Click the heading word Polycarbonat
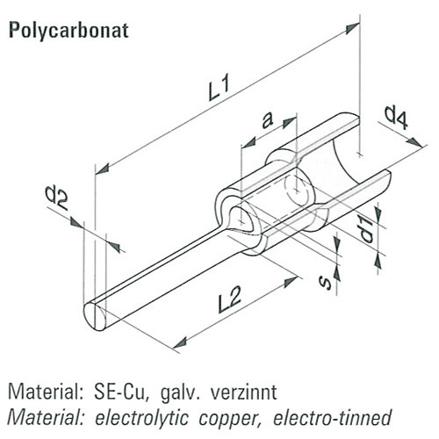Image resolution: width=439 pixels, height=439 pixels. [x=68, y=31]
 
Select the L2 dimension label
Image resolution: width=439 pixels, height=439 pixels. [x=230, y=299]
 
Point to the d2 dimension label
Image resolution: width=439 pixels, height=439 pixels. [x=56, y=198]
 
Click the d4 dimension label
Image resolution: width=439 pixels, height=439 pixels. [x=396, y=118]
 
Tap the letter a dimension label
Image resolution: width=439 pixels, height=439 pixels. [x=267, y=120]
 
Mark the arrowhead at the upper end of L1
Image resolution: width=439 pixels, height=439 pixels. [x=352, y=28]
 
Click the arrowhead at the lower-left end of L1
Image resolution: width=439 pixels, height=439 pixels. [x=103, y=169]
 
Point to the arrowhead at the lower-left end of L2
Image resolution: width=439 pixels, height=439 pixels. [x=180, y=342]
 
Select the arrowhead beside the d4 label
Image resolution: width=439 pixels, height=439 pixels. [x=415, y=141]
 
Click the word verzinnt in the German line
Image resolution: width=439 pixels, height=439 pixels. [x=244, y=392]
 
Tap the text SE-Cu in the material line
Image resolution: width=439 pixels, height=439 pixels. [x=119, y=392]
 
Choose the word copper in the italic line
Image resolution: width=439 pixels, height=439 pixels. [x=230, y=418]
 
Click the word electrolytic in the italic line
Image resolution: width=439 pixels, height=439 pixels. [x=141, y=418]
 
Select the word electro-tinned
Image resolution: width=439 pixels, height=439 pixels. [x=332, y=417]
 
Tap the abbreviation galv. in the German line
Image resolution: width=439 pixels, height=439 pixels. [x=180, y=392]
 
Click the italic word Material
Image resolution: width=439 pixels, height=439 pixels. [x=45, y=417]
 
